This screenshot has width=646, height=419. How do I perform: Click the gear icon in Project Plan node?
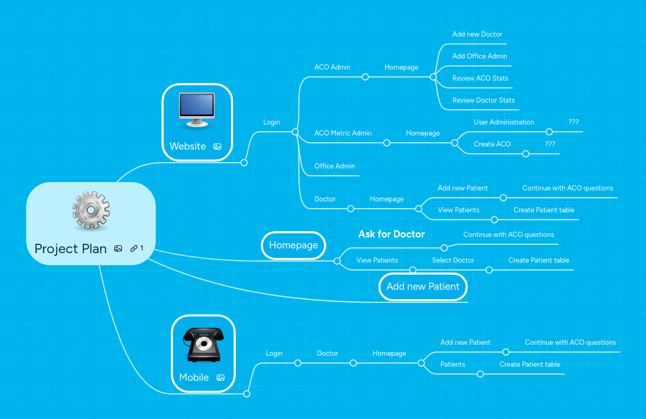pyautogui.click(x=91, y=211)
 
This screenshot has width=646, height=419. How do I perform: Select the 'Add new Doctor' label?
pyautogui.click(x=477, y=35)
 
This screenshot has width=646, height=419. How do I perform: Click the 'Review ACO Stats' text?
pyautogui.click(x=480, y=78)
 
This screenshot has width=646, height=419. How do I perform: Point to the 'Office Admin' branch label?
pyautogui.click(x=334, y=166)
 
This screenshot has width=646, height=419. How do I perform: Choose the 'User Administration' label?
pyautogui.click(x=504, y=122)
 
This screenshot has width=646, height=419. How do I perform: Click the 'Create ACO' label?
pyautogui.click(x=492, y=144)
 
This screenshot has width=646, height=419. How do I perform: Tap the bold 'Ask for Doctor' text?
pyautogui.click(x=391, y=234)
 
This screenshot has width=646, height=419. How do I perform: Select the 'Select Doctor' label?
pyautogui.click(x=453, y=261)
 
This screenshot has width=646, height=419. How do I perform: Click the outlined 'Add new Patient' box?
pyautogui.click(x=423, y=287)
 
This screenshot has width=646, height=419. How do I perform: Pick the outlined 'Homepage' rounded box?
pyautogui.click(x=293, y=245)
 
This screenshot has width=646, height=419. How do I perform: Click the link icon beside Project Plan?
pyautogui.click(x=134, y=248)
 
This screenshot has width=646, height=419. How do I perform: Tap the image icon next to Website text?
pyautogui.click(x=217, y=146)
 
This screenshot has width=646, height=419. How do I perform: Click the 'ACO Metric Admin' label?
pyautogui.click(x=343, y=133)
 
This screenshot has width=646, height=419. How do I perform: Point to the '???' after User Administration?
pyautogui.click(x=573, y=122)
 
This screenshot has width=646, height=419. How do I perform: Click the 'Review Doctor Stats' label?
pyautogui.click(x=483, y=100)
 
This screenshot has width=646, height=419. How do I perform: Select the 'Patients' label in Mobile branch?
pyautogui.click(x=453, y=365)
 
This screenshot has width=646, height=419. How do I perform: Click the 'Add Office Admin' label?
pyautogui.click(x=480, y=56)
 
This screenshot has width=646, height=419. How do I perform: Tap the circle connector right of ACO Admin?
pyautogui.click(x=365, y=77)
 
